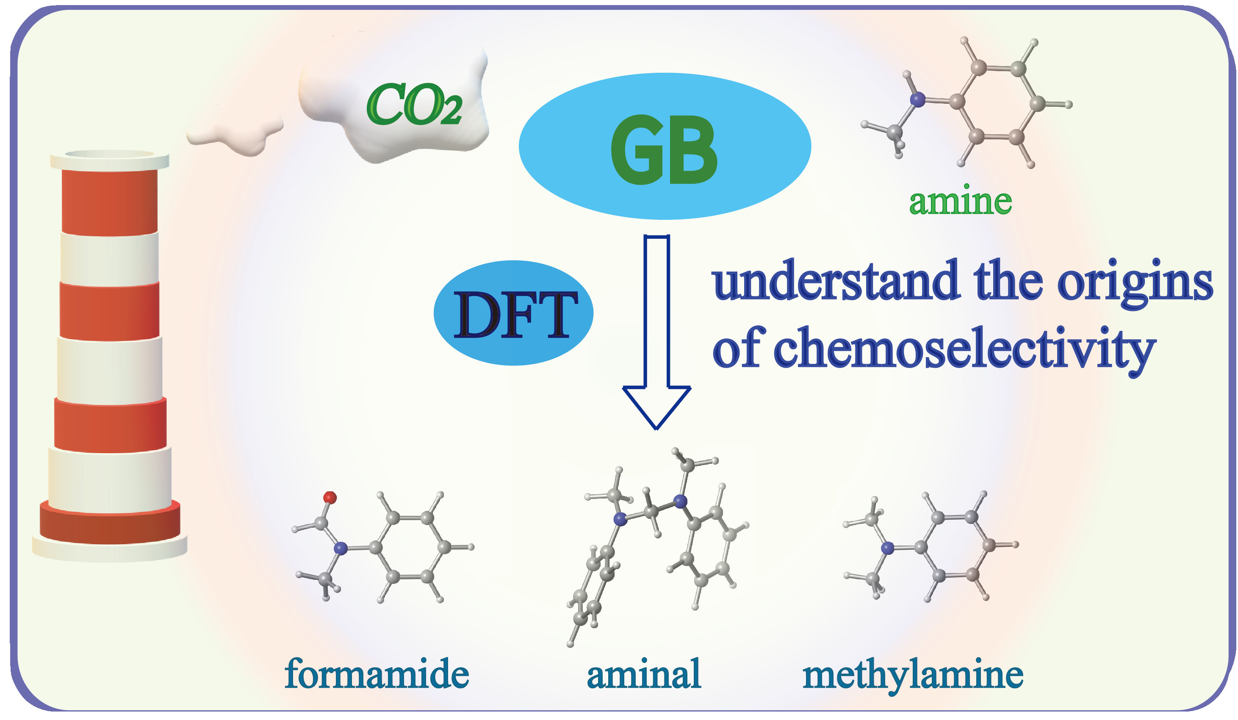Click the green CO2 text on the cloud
point(414,104)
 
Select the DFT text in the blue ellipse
point(514,315)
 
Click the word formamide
point(377,674)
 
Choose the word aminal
point(643,674)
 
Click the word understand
point(835,281)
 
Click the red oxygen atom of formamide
point(330,498)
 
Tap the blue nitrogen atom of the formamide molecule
point(340,548)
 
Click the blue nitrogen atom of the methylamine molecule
point(888,548)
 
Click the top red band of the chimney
point(110,201)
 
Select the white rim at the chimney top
point(110,161)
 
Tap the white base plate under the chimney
point(110,550)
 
